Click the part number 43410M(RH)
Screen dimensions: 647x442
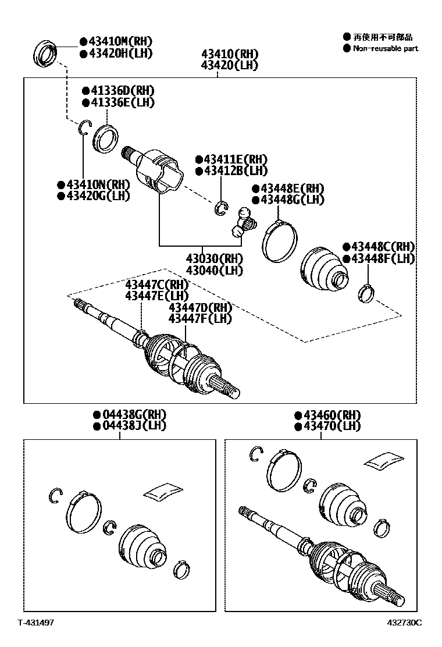[120, 41]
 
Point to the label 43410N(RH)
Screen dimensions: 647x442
[98, 184]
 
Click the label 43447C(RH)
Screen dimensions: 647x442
[157, 285]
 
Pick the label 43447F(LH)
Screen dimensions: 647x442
[199, 318]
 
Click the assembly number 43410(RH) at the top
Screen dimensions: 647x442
[230, 54]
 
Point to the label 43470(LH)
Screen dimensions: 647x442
[331, 426]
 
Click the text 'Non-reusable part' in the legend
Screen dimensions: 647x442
[386, 48]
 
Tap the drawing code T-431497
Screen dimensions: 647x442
[35, 623]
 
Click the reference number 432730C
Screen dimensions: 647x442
[405, 623]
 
